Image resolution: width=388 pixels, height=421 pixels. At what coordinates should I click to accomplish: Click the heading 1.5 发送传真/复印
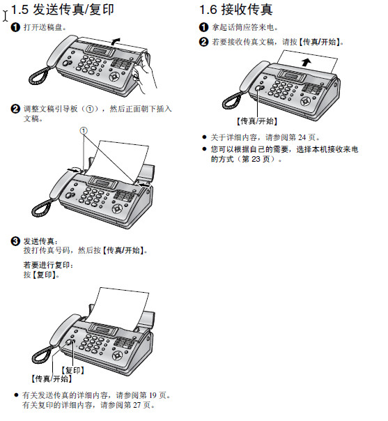point(63,10)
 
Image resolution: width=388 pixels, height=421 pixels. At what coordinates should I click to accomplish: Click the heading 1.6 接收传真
point(236,10)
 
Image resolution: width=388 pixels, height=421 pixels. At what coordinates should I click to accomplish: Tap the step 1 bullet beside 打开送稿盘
point(15,27)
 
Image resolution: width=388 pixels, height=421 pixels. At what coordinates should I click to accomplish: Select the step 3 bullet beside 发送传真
point(15,241)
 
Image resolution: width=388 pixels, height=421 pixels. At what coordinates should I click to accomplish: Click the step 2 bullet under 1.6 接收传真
point(203,42)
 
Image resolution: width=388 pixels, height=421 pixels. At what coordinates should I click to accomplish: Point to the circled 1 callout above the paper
point(84,131)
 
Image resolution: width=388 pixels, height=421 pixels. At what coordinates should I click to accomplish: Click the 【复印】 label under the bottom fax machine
point(73,371)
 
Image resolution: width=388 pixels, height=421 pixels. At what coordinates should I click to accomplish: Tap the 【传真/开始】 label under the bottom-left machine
point(52,379)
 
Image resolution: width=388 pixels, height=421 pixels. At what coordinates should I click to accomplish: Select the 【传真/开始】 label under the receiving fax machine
point(257,121)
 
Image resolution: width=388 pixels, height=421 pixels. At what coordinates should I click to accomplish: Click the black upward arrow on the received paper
point(306,62)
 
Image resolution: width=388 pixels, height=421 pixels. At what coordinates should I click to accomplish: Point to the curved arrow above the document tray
point(116,41)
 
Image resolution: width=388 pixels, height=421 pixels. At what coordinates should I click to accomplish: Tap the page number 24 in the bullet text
point(302,137)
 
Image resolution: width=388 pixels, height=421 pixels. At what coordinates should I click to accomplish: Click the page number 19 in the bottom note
point(153,395)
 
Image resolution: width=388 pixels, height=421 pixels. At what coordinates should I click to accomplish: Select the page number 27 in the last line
point(137,405)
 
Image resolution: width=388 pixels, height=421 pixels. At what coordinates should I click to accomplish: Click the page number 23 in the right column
point(256,159)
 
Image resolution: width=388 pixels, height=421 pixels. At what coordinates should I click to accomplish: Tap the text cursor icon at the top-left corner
point(6,16)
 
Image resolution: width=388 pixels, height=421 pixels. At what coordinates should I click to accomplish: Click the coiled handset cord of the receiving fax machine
point(232,100)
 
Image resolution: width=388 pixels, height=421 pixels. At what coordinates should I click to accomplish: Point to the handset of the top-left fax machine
point(62,51)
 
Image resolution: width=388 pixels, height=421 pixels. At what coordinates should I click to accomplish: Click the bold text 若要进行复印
point(47,266)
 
